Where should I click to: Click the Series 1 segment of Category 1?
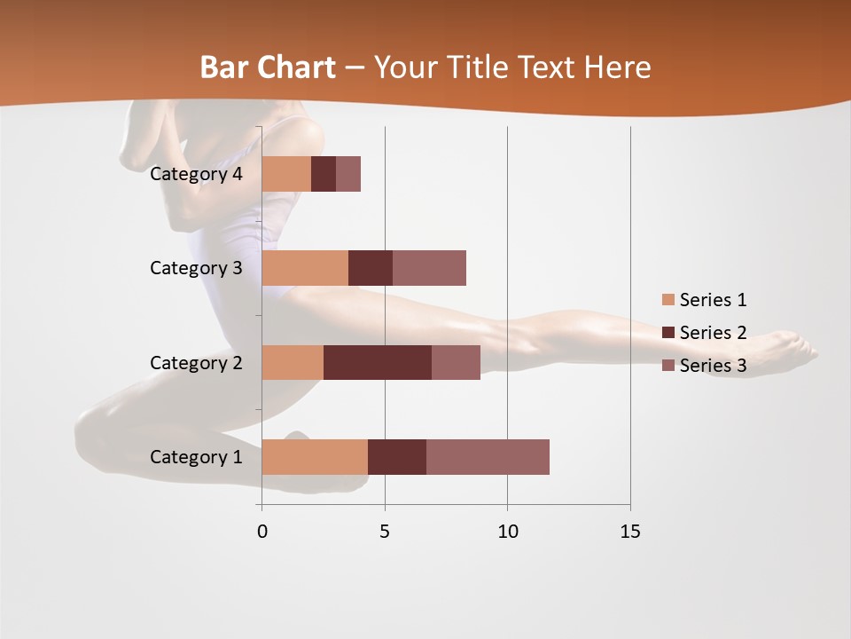[x=315, y=456]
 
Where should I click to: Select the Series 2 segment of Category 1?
[x=397, y=456]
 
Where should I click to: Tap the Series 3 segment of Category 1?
[x=488, y=456]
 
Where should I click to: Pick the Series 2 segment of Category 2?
[x=378, y=362]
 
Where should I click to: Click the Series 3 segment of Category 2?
[x=456, y=362]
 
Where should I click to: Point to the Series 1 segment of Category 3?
[x=305, y=268]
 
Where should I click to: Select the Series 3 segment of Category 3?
[x=429, y=268]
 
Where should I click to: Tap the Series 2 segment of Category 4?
[x=324, y=174]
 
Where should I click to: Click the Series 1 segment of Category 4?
[x=286, y=174]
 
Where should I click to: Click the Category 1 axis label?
[x=196, y=457]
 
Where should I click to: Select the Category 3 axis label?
[x=196, y=268]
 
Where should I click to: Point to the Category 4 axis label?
[x=196, y=174]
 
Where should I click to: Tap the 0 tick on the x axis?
[x=262, y=532]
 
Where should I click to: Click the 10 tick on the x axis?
[x=507, y=532]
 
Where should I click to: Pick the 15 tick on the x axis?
[x=629, y=532]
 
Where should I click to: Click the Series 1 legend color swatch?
[x=668, y=300]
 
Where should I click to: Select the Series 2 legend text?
[x=713, y=333]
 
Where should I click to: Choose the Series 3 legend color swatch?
[x=668, y=366]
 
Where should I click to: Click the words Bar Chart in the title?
[x=267, y=67]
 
